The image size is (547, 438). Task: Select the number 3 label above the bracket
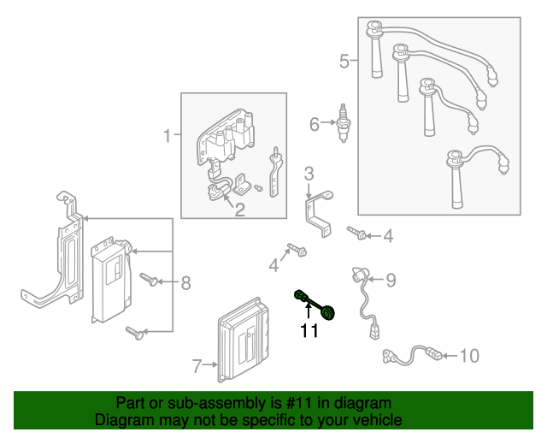click(x=309, y=175)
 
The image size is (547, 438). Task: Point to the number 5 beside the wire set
click(x=344, y=61)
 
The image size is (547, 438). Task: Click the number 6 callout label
click(x=315, y=125)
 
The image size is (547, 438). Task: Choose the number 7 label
click(x=197, y=367)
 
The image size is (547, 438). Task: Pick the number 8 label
click(x=185, y=281)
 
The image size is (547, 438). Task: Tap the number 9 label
click(x=391, y=279)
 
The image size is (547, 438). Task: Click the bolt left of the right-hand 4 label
click(x=356, y=232)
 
